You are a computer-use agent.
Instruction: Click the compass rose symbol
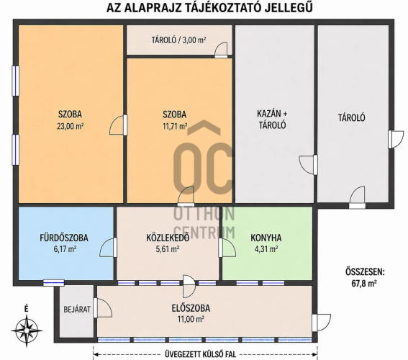pos(27,330)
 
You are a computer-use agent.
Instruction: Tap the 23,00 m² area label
pos(70,126)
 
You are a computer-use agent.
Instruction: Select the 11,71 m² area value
pos(175,126)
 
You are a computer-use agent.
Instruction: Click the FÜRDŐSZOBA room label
pos(64,238)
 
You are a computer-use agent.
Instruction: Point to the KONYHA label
pos(266,238)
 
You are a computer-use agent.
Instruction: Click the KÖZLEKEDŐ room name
pos(168,238)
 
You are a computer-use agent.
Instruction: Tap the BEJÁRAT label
pos(77,310)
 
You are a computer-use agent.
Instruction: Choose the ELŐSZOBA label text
pos(191,308)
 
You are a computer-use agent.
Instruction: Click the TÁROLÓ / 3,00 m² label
pos(178,40)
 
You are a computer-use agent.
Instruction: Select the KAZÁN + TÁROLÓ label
pos(272,120)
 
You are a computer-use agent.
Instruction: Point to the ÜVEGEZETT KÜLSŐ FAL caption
pos(200,354)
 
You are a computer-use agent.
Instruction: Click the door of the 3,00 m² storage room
pos(221,50)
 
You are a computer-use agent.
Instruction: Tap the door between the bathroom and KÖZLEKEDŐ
pos(108,248)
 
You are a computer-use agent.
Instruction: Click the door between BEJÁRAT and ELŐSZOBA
pos(102,307)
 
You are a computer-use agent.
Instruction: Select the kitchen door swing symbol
pos(227,248)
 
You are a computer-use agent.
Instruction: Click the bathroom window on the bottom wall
pos(53,283)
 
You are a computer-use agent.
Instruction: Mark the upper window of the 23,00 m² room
pos(16,81)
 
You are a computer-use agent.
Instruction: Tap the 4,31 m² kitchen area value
pos(266,249)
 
